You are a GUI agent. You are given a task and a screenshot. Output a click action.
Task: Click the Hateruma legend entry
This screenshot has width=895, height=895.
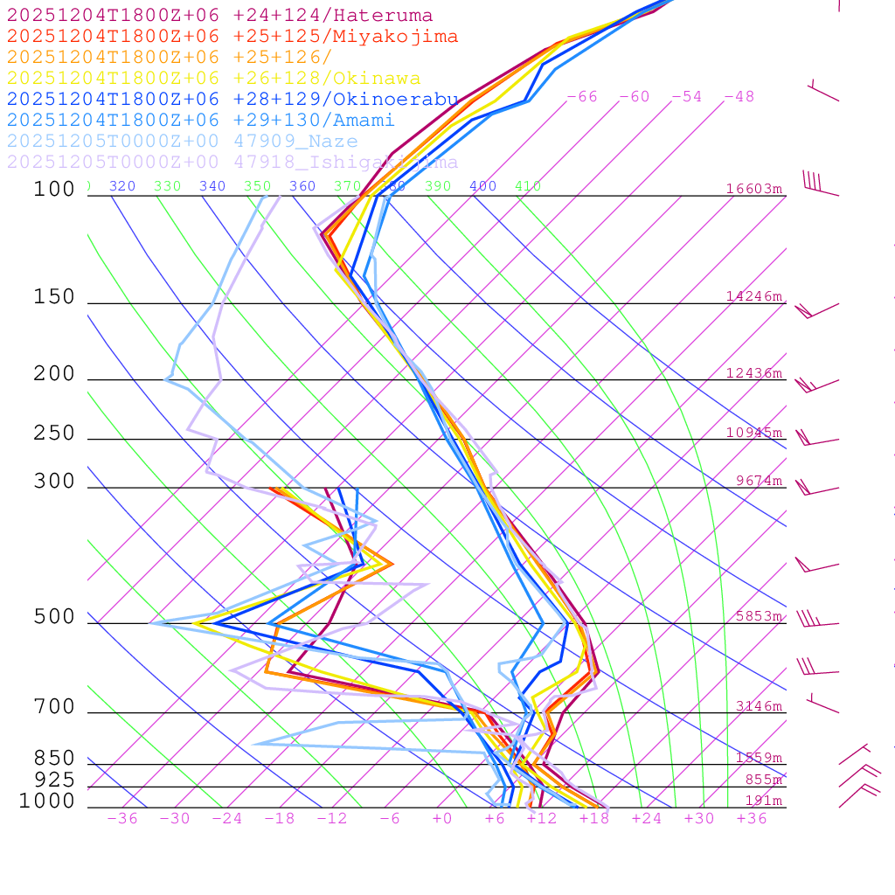[219, 15]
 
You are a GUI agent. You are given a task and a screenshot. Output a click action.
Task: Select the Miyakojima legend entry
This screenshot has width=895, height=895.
[232, 36]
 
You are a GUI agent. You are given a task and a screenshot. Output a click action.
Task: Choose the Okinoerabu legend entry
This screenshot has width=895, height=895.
[232, 100]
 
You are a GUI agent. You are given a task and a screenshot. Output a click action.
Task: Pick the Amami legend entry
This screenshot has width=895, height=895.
[200, 121]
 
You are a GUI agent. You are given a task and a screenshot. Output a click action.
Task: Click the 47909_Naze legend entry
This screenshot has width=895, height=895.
[182, 142]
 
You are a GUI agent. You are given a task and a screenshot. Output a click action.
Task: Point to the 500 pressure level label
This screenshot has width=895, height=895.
[54, 617]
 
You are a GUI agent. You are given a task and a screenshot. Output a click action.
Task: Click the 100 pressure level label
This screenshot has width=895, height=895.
[54, 189]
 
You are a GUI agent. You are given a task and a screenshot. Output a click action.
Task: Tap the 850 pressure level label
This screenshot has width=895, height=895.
[54, 758]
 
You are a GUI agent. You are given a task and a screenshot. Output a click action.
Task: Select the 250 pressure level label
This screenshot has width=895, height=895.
[54, 433]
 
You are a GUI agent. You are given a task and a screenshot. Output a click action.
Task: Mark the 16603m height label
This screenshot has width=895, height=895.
[754, 189]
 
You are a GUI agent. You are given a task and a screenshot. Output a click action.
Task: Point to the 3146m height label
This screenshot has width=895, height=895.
[758, 706]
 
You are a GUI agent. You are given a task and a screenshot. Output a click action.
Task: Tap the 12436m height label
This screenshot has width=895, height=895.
[754, 373]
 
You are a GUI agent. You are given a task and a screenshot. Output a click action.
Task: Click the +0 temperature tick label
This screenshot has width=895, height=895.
[442, 818]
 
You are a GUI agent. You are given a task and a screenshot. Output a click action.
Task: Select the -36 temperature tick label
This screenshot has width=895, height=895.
[122, 818]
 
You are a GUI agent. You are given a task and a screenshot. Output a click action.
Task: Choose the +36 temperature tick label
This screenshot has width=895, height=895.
[752, 818]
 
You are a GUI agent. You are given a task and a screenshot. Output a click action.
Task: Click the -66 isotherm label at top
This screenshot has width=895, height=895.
[582, 97]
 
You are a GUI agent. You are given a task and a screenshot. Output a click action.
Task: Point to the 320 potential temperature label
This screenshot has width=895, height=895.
[122, 186]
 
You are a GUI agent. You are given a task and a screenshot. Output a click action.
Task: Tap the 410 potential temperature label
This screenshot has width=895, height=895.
[528, 186]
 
